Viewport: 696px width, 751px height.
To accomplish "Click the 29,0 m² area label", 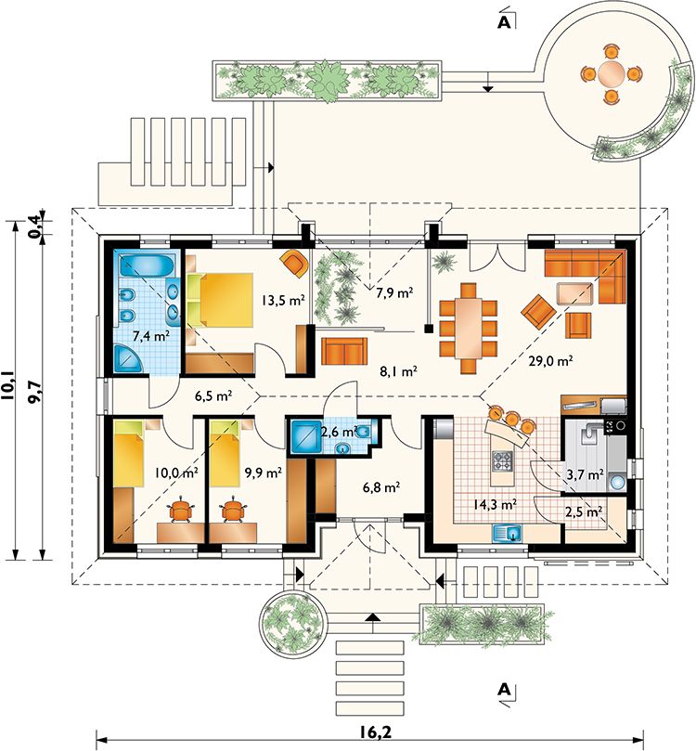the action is pyautogui.click(x=550, y=360).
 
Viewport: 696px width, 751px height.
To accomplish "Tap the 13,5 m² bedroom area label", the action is pyautogui.click(x=283, y=300).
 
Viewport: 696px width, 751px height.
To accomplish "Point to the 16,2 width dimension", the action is pyautogui.click(x=372, y=732).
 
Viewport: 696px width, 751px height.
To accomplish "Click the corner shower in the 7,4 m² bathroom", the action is pyautogui.click(x=128, y=359).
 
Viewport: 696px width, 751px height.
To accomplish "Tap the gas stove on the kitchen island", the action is pyautogui.click(x=502, y=460).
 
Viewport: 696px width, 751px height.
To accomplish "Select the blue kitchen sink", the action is pyautogui.click(x=508, y=533).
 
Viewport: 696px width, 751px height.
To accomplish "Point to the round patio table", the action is pyautogui.click(x=611, y=74).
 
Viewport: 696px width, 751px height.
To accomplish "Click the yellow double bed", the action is pyautogui.click(x=226, y=300).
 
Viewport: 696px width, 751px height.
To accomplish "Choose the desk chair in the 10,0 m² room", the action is pyautogui.click(x=181, y=510).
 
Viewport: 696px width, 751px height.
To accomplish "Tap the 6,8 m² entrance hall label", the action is pyautogui.click(x=381, y=487).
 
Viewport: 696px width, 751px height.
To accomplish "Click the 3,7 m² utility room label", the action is pyautogui.click(x=585, y=474).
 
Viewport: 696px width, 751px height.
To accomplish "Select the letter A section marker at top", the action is pyautogui.click(x=504, y=21).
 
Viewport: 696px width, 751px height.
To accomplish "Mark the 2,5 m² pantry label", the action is pyautogui.click(x=584, y=511).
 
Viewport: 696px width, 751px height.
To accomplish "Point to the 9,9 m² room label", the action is pyautogui.click(x=263, y=473).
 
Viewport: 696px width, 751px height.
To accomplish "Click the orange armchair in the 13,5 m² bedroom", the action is pyautogui.click(x=294, y=263).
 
